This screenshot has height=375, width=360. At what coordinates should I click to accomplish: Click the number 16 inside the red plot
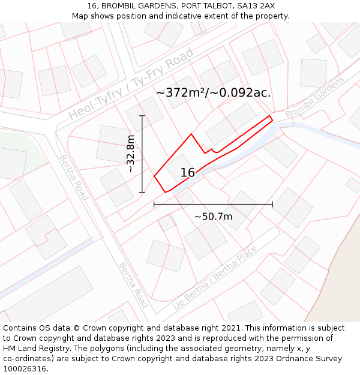(187, 173)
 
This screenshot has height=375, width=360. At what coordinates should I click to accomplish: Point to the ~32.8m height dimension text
(131, 154)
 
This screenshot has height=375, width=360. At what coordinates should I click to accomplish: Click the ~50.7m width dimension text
(213, 217)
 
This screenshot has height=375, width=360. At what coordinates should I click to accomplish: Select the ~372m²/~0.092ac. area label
(213, 93)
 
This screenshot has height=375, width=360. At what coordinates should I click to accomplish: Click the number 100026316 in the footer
(26, 369)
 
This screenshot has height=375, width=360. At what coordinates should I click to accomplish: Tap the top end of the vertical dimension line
(142, 115)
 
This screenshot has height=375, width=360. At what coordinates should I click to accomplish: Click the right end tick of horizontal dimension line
(272, 204)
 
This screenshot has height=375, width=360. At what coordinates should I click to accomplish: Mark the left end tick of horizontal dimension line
(154, 204)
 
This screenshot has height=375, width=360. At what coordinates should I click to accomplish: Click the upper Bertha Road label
(73, 178)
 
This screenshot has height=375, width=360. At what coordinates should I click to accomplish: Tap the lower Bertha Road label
(133, 284)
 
